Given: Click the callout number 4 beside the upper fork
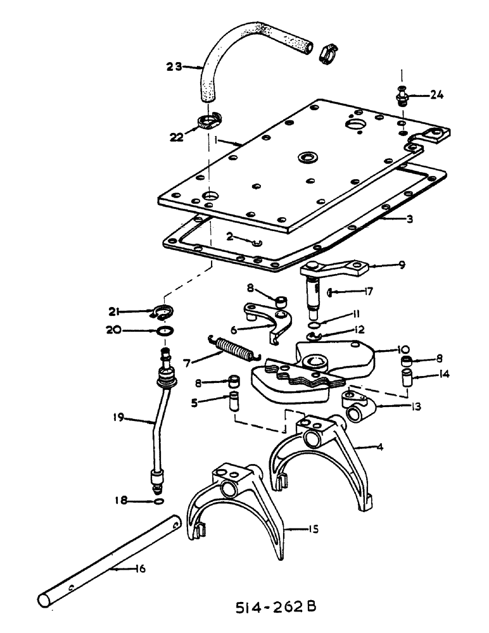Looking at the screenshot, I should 380,446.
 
